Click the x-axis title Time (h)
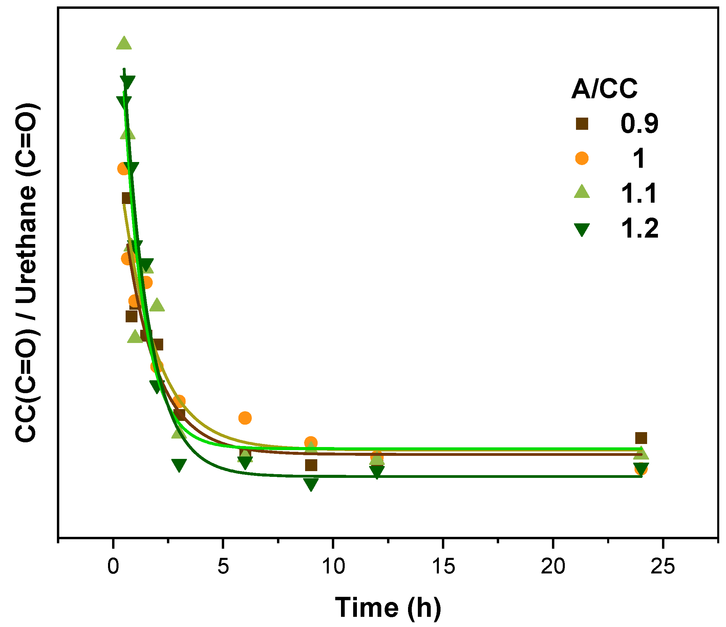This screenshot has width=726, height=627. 388,607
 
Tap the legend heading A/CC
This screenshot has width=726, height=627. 604,89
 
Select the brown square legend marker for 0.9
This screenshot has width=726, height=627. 582,124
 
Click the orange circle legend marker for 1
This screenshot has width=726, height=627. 582,158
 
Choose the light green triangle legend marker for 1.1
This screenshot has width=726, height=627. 582,192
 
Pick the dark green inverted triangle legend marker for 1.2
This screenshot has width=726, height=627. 582,229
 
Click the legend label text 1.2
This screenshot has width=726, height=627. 640,228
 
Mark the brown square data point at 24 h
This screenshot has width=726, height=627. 641,438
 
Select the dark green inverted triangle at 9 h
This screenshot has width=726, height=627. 311,484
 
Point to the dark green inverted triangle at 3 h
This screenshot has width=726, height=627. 179,465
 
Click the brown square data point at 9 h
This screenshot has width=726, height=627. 311,465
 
